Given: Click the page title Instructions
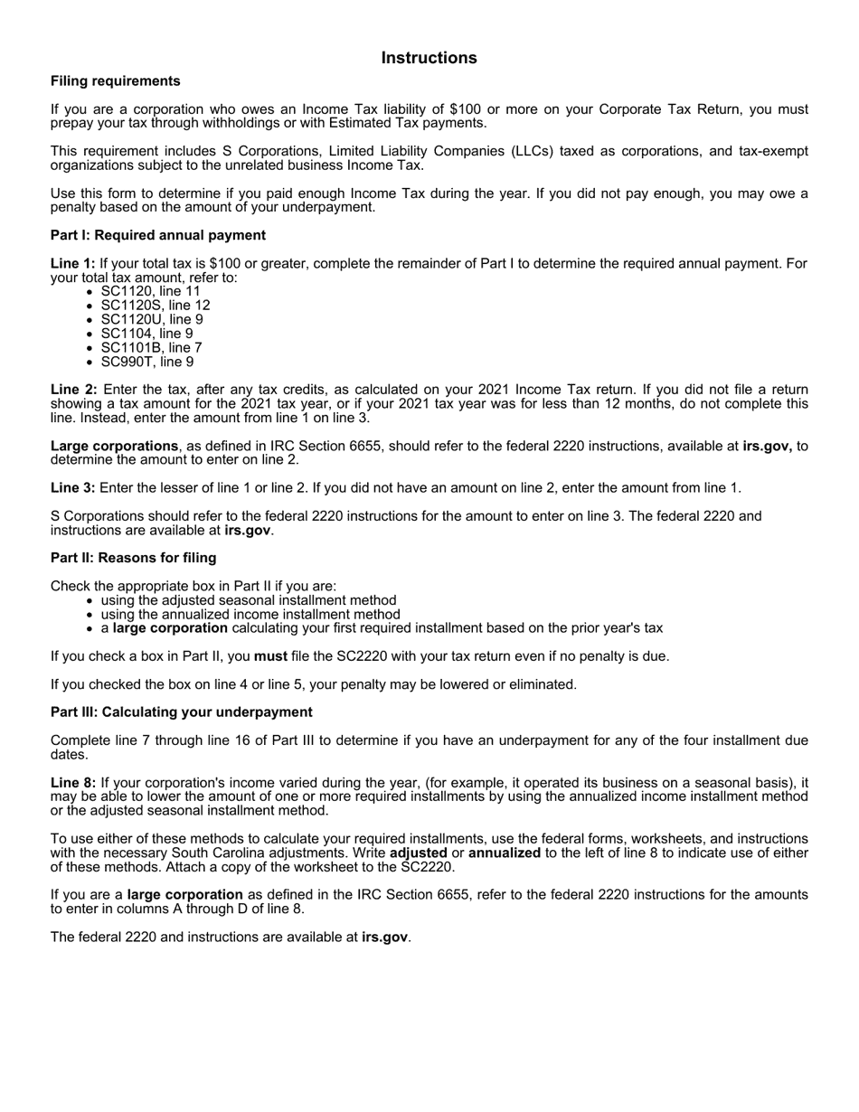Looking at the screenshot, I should tap(429, 58).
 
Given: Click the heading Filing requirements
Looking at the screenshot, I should tap(116, 81).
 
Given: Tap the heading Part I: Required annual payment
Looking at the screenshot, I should tap(158, 235).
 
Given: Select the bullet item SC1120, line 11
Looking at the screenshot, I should tap(150, 291).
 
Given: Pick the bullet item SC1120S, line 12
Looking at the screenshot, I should tap(155, 306).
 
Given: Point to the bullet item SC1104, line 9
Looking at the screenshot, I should tap(146, 334).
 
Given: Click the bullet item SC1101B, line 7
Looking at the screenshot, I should tap(151, 347).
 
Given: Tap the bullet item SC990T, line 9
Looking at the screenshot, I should tap(146, 362).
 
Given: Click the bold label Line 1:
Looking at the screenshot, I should tap(73, 264).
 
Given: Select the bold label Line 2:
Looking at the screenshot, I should tap(73, 390).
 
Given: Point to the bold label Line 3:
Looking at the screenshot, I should tap(73, 488).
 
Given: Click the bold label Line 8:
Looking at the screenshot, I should tap(73, 783).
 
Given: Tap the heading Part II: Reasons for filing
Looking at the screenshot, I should tap(133, 558).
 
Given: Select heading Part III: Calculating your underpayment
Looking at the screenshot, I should tap(182, 712).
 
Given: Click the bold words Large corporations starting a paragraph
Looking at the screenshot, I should tap(114, 446).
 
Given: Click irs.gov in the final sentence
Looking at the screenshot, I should tap(385, 938).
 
